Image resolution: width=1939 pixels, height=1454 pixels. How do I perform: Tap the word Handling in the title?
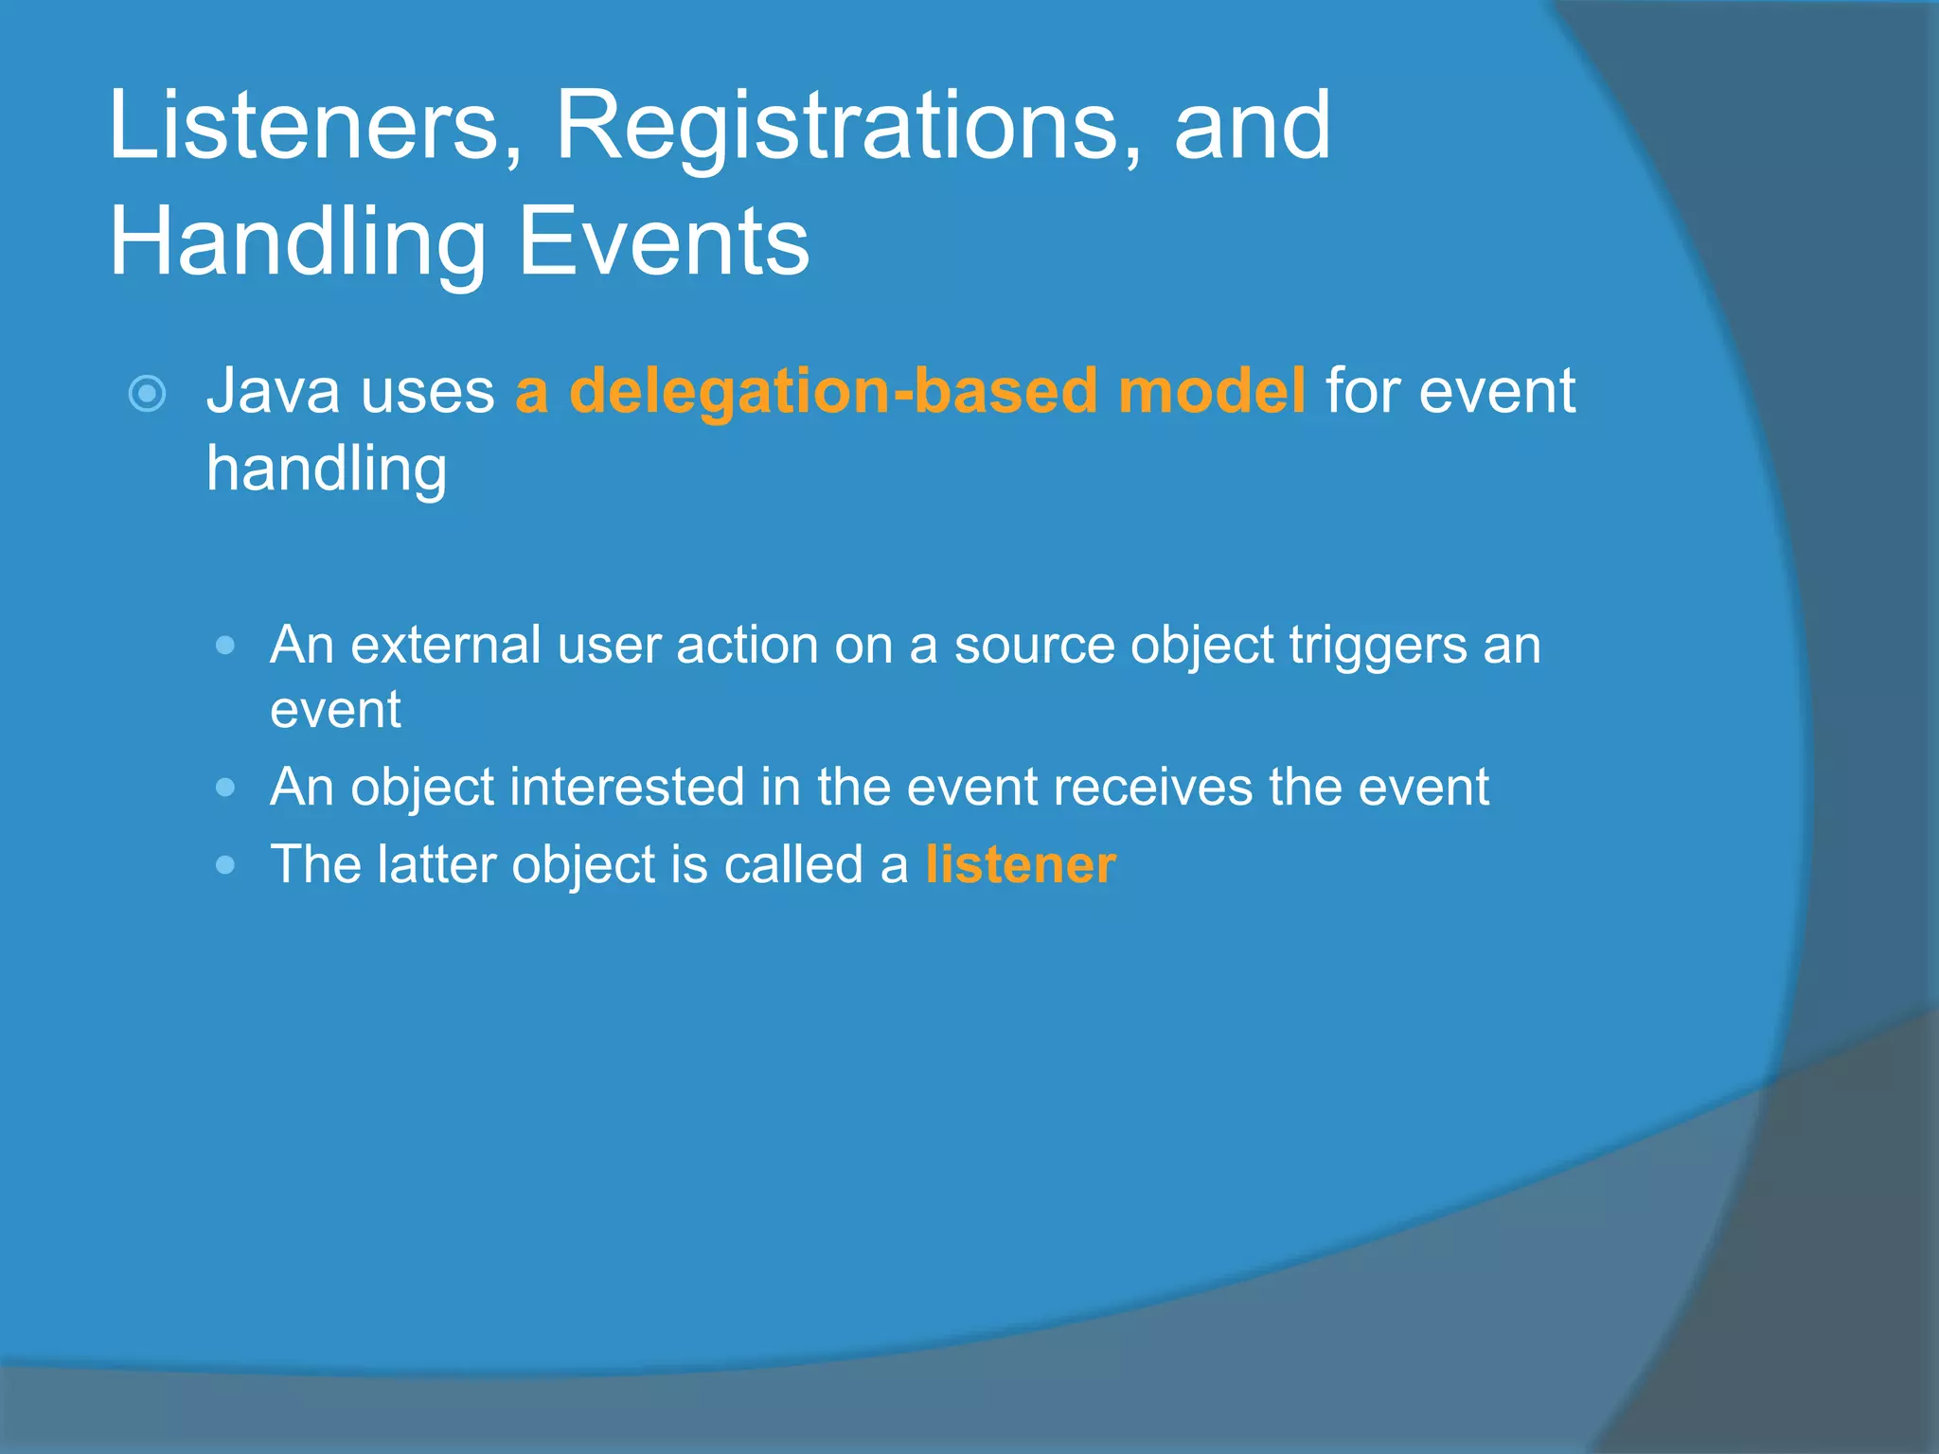297,242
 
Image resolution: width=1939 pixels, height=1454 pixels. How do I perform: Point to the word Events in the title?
664,242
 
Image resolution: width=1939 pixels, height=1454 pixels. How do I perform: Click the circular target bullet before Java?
147,394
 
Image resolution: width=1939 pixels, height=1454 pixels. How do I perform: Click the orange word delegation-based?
834,390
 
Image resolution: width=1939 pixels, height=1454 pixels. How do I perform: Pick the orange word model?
1211,390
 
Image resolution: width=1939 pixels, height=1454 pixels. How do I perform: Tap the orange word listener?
1021,864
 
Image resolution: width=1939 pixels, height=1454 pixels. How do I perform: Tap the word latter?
436,864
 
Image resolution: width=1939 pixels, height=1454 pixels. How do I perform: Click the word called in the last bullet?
792,864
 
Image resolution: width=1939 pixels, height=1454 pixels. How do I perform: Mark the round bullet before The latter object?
225,864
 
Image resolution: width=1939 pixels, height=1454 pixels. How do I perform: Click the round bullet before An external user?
225,646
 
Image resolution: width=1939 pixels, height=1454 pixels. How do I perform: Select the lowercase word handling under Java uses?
327,470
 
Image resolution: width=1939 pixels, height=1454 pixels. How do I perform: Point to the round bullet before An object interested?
225,788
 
